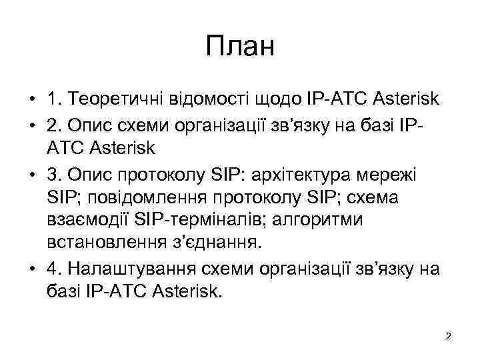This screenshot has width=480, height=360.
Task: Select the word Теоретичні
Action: [x=114, y=100]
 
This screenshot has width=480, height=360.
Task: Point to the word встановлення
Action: [x=107, y=243]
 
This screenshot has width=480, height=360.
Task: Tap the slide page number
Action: [x=448, y=336]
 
